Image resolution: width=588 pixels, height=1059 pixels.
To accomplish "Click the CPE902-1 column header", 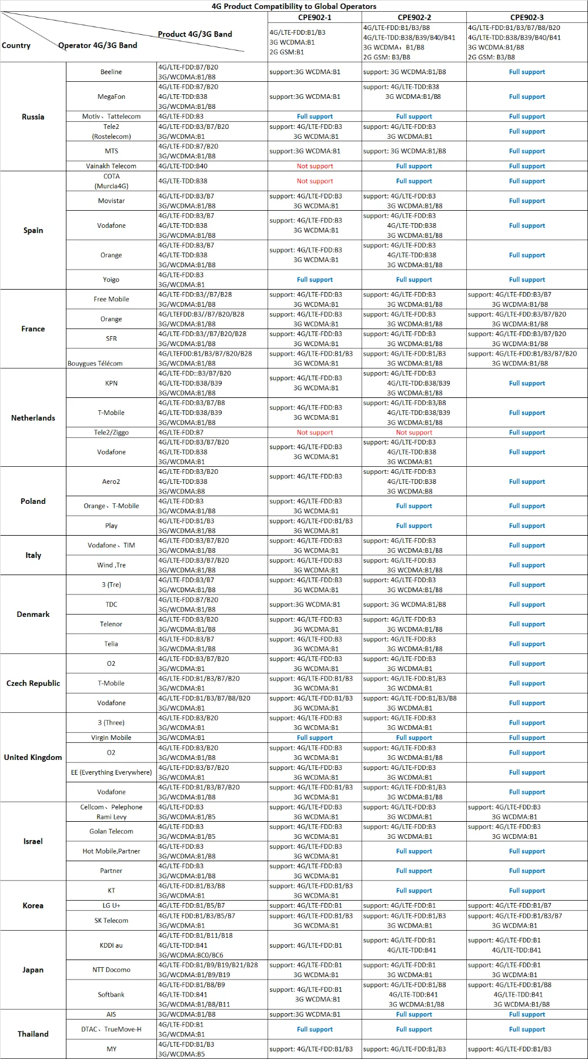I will click(315, 17).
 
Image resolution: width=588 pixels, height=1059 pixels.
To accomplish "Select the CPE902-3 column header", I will click(527, 17).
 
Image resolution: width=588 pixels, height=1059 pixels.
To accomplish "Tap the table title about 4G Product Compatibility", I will click(294, 6).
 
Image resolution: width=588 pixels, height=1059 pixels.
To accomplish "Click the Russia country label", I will click(33, 117).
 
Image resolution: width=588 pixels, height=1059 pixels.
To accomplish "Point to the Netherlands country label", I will click(33, 418).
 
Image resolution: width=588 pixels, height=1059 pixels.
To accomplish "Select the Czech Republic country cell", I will click(33, 683).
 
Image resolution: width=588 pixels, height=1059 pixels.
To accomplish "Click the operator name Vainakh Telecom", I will click(111, 166).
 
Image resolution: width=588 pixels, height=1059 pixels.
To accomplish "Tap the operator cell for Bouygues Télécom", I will click(95, 363).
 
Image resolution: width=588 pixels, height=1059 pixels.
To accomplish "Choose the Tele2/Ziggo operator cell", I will click(111, 432).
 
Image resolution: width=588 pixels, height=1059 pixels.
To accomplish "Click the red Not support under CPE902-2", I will click(414, 432).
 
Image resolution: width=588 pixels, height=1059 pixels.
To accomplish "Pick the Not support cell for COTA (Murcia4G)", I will click(315, 181).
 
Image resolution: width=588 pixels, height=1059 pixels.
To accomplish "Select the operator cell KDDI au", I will click(111, 945).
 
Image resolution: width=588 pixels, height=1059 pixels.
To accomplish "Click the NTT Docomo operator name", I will click(111, 970).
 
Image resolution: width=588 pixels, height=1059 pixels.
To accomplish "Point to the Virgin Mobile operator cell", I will click(111, 738).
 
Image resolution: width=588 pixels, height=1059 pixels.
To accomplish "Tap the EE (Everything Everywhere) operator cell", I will click(111, 772).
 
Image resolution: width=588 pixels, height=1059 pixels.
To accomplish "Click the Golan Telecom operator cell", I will click(111, 831).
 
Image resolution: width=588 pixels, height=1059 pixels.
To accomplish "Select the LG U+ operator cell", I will click(111, 905).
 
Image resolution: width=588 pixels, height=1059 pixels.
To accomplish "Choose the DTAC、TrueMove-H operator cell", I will click(111, 1029).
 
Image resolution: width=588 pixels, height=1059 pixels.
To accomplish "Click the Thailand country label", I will click(33, 1034).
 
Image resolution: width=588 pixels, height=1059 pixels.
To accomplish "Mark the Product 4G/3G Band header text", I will click(195, 34).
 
